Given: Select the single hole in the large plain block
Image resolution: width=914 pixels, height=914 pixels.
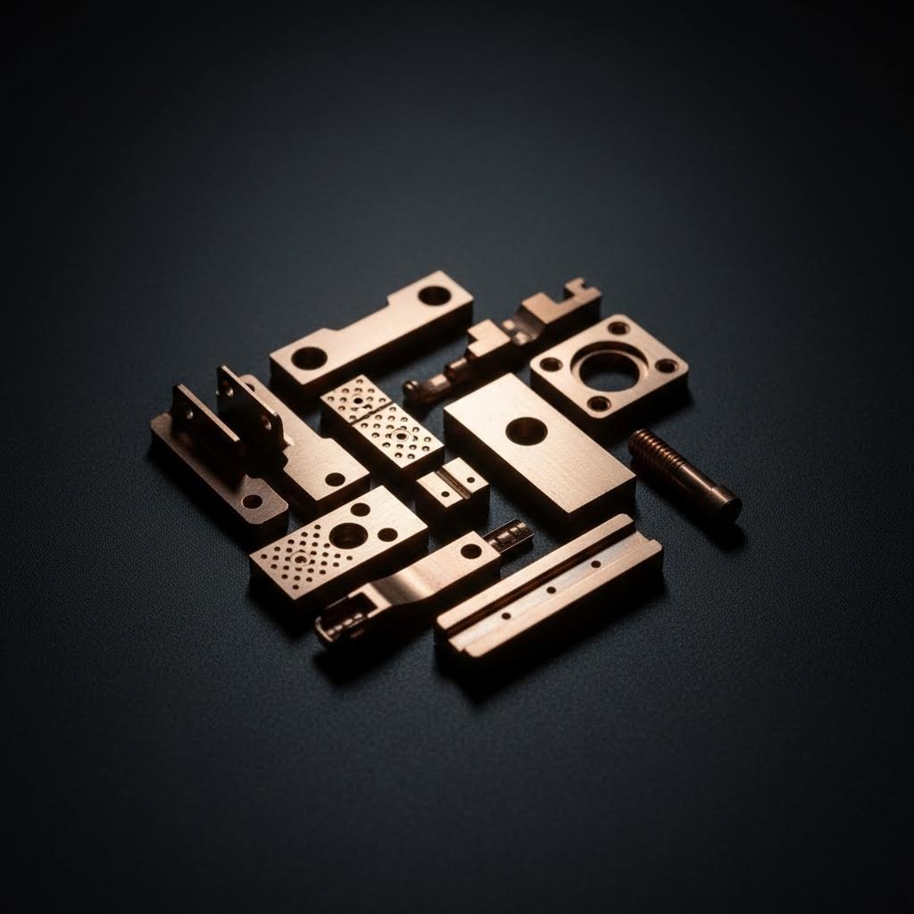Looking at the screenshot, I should click(x=527, y=431).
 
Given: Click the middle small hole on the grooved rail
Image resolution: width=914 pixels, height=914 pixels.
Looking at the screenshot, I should click(x=551, y=589).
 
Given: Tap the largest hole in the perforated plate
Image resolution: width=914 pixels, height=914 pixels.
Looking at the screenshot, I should click(x=347, y=535).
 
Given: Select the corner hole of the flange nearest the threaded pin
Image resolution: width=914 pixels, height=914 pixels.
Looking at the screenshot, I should click(x=666, y=365).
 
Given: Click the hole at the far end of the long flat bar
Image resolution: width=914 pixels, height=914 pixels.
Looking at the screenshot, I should click(x=435, y=295).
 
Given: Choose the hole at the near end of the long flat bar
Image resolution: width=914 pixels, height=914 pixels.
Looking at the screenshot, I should click(x=309, y=358).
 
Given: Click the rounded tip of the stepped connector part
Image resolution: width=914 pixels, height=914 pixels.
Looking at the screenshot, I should click(x=413, y=389).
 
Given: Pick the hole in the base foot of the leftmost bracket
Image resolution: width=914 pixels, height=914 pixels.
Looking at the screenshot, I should click(x=253, y=501).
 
